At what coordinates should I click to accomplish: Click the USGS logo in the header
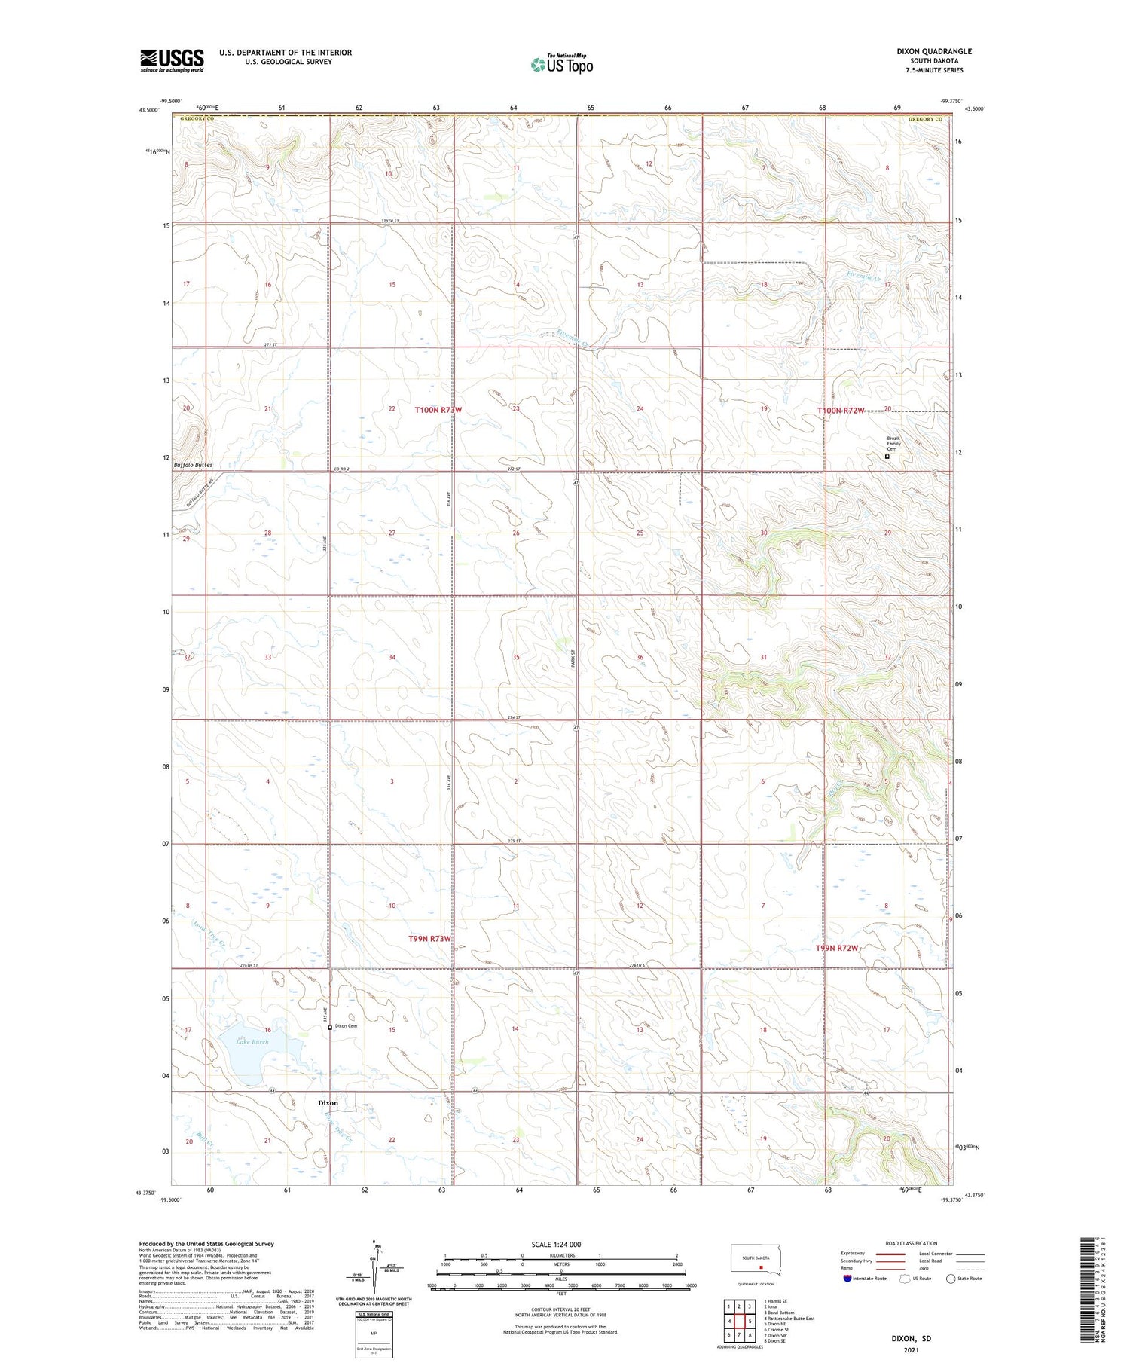[172, 60]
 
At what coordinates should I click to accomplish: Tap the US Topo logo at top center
[561, 65]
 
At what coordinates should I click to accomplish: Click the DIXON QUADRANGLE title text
[933, 51]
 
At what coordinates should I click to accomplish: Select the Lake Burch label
[252, 1042]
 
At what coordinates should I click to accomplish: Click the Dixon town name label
[328, 1102]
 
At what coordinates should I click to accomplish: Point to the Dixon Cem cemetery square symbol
[330, 1027]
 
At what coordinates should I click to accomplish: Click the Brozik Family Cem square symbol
[887, 456]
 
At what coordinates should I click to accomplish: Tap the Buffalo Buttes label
[193, 465]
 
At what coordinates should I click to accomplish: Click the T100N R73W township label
[438, 410]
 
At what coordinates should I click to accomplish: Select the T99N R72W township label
[837, 948]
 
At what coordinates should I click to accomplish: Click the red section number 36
[640, 657]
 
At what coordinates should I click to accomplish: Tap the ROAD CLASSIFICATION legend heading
[912, 1243]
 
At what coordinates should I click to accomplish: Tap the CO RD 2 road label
[344, 469]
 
